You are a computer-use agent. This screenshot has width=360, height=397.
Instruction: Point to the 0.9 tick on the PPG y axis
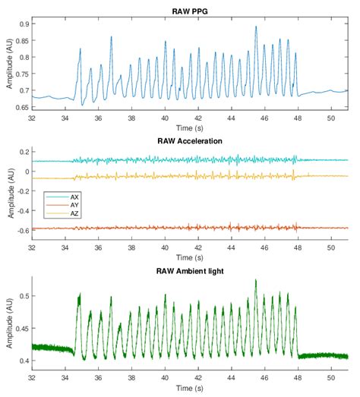[x=23, y=25]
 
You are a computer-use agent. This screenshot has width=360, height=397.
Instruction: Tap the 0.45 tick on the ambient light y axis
[x=21, y=329]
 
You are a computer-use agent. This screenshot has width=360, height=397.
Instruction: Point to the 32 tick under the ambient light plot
[x=32, y=377]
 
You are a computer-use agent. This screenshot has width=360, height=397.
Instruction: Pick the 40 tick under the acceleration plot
[x=165, y=248]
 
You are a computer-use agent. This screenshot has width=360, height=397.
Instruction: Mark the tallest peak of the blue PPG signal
[x=256, y=27]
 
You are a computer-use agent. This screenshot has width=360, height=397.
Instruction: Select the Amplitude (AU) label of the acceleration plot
[x=7, y=193]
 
